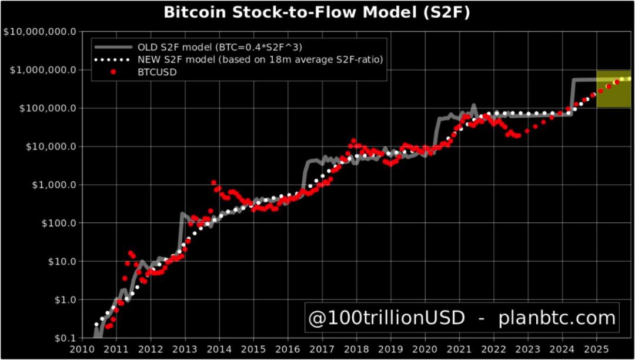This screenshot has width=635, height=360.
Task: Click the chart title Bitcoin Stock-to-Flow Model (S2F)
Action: pos(317,12)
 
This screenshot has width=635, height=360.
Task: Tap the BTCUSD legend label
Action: pos(157,72)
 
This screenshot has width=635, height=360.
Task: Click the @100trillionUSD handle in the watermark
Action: pos(387,318)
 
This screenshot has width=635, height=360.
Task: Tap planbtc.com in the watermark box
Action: pos(557,318)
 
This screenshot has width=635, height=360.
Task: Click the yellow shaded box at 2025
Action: pos(613,89)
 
